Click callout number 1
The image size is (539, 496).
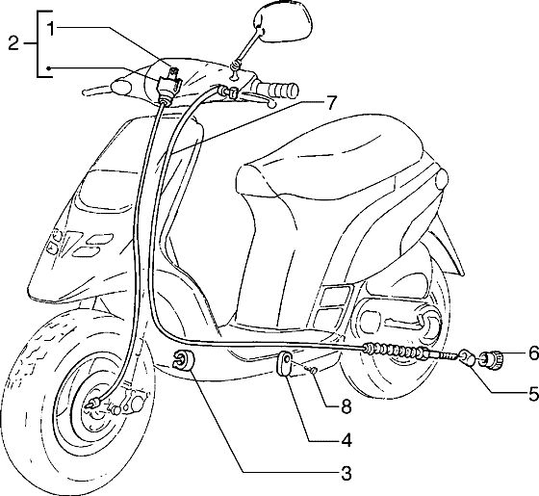pos(51,29)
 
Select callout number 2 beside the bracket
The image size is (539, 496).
pos(13,43)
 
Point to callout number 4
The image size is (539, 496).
pos(346,440)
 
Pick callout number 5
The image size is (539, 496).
pos(533,394)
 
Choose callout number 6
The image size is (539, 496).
pos(533,352)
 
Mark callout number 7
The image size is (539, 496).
pos(330,102)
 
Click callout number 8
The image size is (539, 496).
pos(346,407)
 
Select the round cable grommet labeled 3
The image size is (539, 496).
pos(183,360)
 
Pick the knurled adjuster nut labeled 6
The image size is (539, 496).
pos(493,360)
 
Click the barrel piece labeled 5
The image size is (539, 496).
pos(467,357)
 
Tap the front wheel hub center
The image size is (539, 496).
pos(92,405)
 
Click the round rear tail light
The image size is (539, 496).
pos(442,180)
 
